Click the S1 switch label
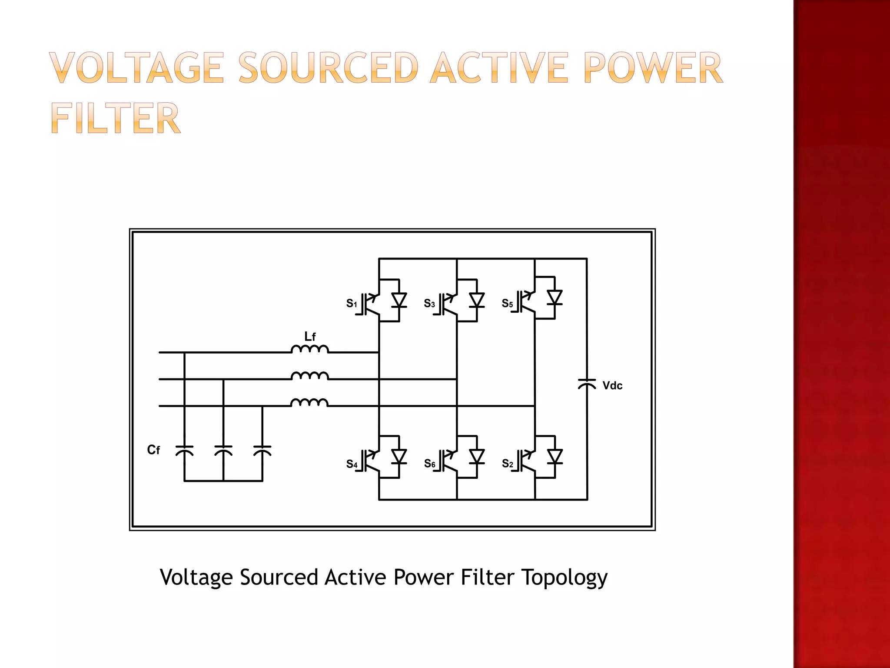(351, 303)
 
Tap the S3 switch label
(429, 303)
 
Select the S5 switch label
(507, 303)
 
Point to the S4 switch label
(351, 464)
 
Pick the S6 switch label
(429, 464)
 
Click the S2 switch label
(507, 464)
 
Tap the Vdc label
(612, 386)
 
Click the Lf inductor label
(310, 337)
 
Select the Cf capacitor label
(153, 450)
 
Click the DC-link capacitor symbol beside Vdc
(587, 384)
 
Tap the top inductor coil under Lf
(309, 349)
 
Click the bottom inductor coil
(309, 402)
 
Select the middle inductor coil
(309, 376)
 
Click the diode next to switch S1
(399, 300)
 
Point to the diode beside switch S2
(555, 457)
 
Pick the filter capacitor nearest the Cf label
(184, 451)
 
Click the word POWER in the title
(653, 68)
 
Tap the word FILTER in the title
(115, 118)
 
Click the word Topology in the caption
(564, 578)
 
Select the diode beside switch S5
(555, 297)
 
